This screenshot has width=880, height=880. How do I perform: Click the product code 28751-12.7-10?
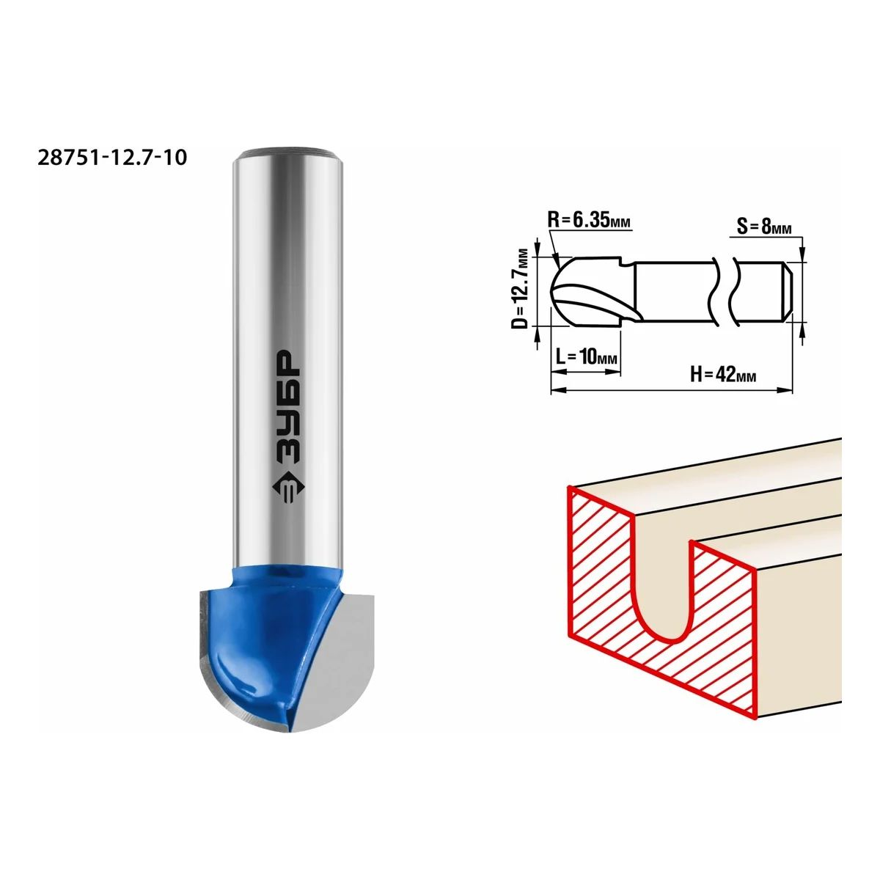112,158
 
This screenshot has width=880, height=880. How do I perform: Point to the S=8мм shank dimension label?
764,227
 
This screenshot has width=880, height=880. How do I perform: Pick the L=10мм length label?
587,356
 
